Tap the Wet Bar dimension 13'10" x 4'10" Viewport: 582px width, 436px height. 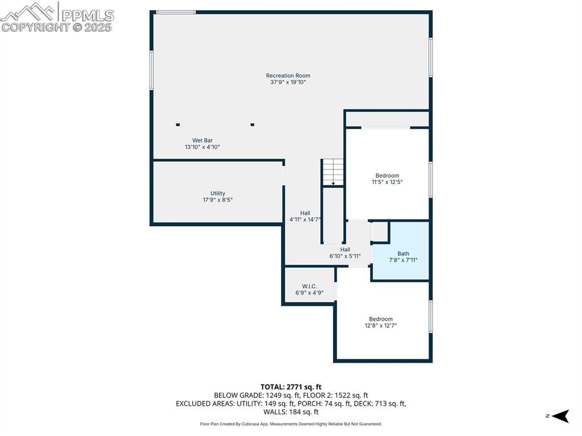point(202,147)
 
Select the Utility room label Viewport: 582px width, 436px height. point(218,193)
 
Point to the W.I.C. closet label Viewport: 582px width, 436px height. point(309,286)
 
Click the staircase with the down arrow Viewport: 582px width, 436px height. point(333,172)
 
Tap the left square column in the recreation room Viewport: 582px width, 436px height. point(178,124)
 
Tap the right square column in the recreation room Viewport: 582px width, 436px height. point(252,124)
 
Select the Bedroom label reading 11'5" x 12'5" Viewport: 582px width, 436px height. point(387,176)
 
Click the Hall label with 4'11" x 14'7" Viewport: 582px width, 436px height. point(305,213)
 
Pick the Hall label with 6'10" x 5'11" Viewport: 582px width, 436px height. point(345,250)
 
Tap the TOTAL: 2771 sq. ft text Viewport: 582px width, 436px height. point(291,387)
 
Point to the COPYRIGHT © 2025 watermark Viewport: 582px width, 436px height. point(57,27)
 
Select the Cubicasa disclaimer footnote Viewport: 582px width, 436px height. point(291,423)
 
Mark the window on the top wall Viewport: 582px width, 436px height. point(176,12)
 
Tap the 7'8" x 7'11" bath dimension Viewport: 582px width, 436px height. point(403,260)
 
